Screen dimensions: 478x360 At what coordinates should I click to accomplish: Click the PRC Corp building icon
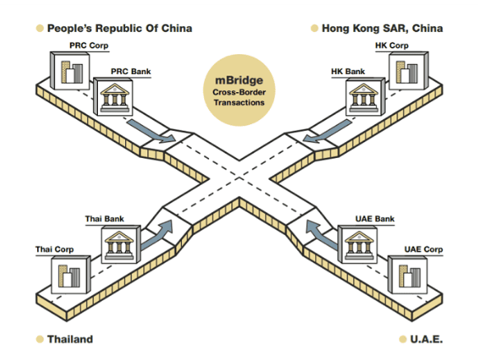70,71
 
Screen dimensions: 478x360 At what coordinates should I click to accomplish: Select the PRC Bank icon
113,96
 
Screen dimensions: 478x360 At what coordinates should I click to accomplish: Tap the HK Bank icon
365,96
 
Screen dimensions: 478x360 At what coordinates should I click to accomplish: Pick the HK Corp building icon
409,71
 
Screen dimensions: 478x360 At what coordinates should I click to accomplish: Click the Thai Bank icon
121,244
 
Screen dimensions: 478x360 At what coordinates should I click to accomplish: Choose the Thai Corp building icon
71,275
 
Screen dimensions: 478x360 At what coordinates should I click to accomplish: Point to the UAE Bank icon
358,244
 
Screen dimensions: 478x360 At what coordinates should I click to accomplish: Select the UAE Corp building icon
407,275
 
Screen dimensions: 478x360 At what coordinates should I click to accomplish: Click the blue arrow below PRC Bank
150,131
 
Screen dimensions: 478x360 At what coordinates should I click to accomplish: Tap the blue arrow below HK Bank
327,131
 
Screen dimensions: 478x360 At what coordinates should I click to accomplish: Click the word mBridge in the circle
239,80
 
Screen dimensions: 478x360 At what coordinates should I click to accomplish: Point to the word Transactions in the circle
239,103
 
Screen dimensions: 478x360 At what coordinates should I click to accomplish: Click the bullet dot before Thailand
39,339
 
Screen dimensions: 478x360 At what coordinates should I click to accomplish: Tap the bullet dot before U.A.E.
402,339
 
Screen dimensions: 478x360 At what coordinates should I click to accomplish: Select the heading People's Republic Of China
119,28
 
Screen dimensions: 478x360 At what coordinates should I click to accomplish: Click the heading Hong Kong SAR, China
383,28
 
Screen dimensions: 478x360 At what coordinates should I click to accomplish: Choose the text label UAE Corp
424,249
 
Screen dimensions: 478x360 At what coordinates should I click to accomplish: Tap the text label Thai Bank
104,219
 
